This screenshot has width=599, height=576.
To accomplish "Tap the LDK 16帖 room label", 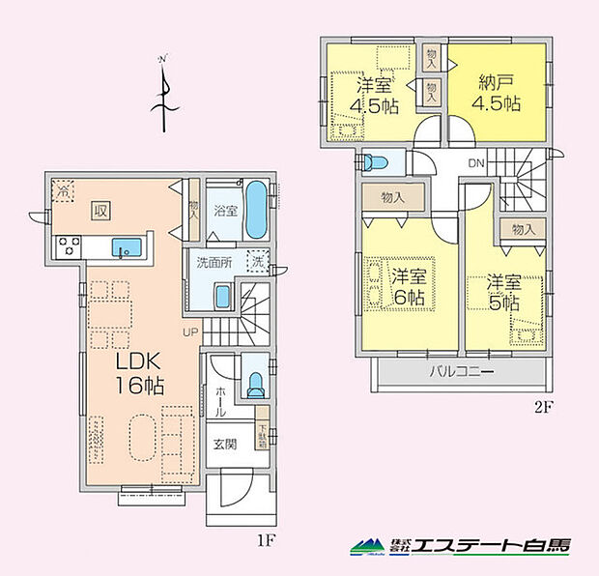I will click(x=140, y=373).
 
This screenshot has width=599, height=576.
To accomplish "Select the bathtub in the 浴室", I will click(x=256, y=212).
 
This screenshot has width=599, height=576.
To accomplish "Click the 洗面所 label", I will click(x=214, y=261).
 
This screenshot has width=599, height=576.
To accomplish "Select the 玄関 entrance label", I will click(x=225, y=446).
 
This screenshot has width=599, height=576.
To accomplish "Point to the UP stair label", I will click(x=190, y=333).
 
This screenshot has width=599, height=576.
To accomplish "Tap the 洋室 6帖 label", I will click(x=410, y=287).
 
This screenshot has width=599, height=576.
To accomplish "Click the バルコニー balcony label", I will click(x=461, y=372).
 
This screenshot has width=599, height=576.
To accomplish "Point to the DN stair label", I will click(x=475, y=164).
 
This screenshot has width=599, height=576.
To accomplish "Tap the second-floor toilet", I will click(x=375, y=160).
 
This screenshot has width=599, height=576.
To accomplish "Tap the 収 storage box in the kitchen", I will click(x=100, y=208).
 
